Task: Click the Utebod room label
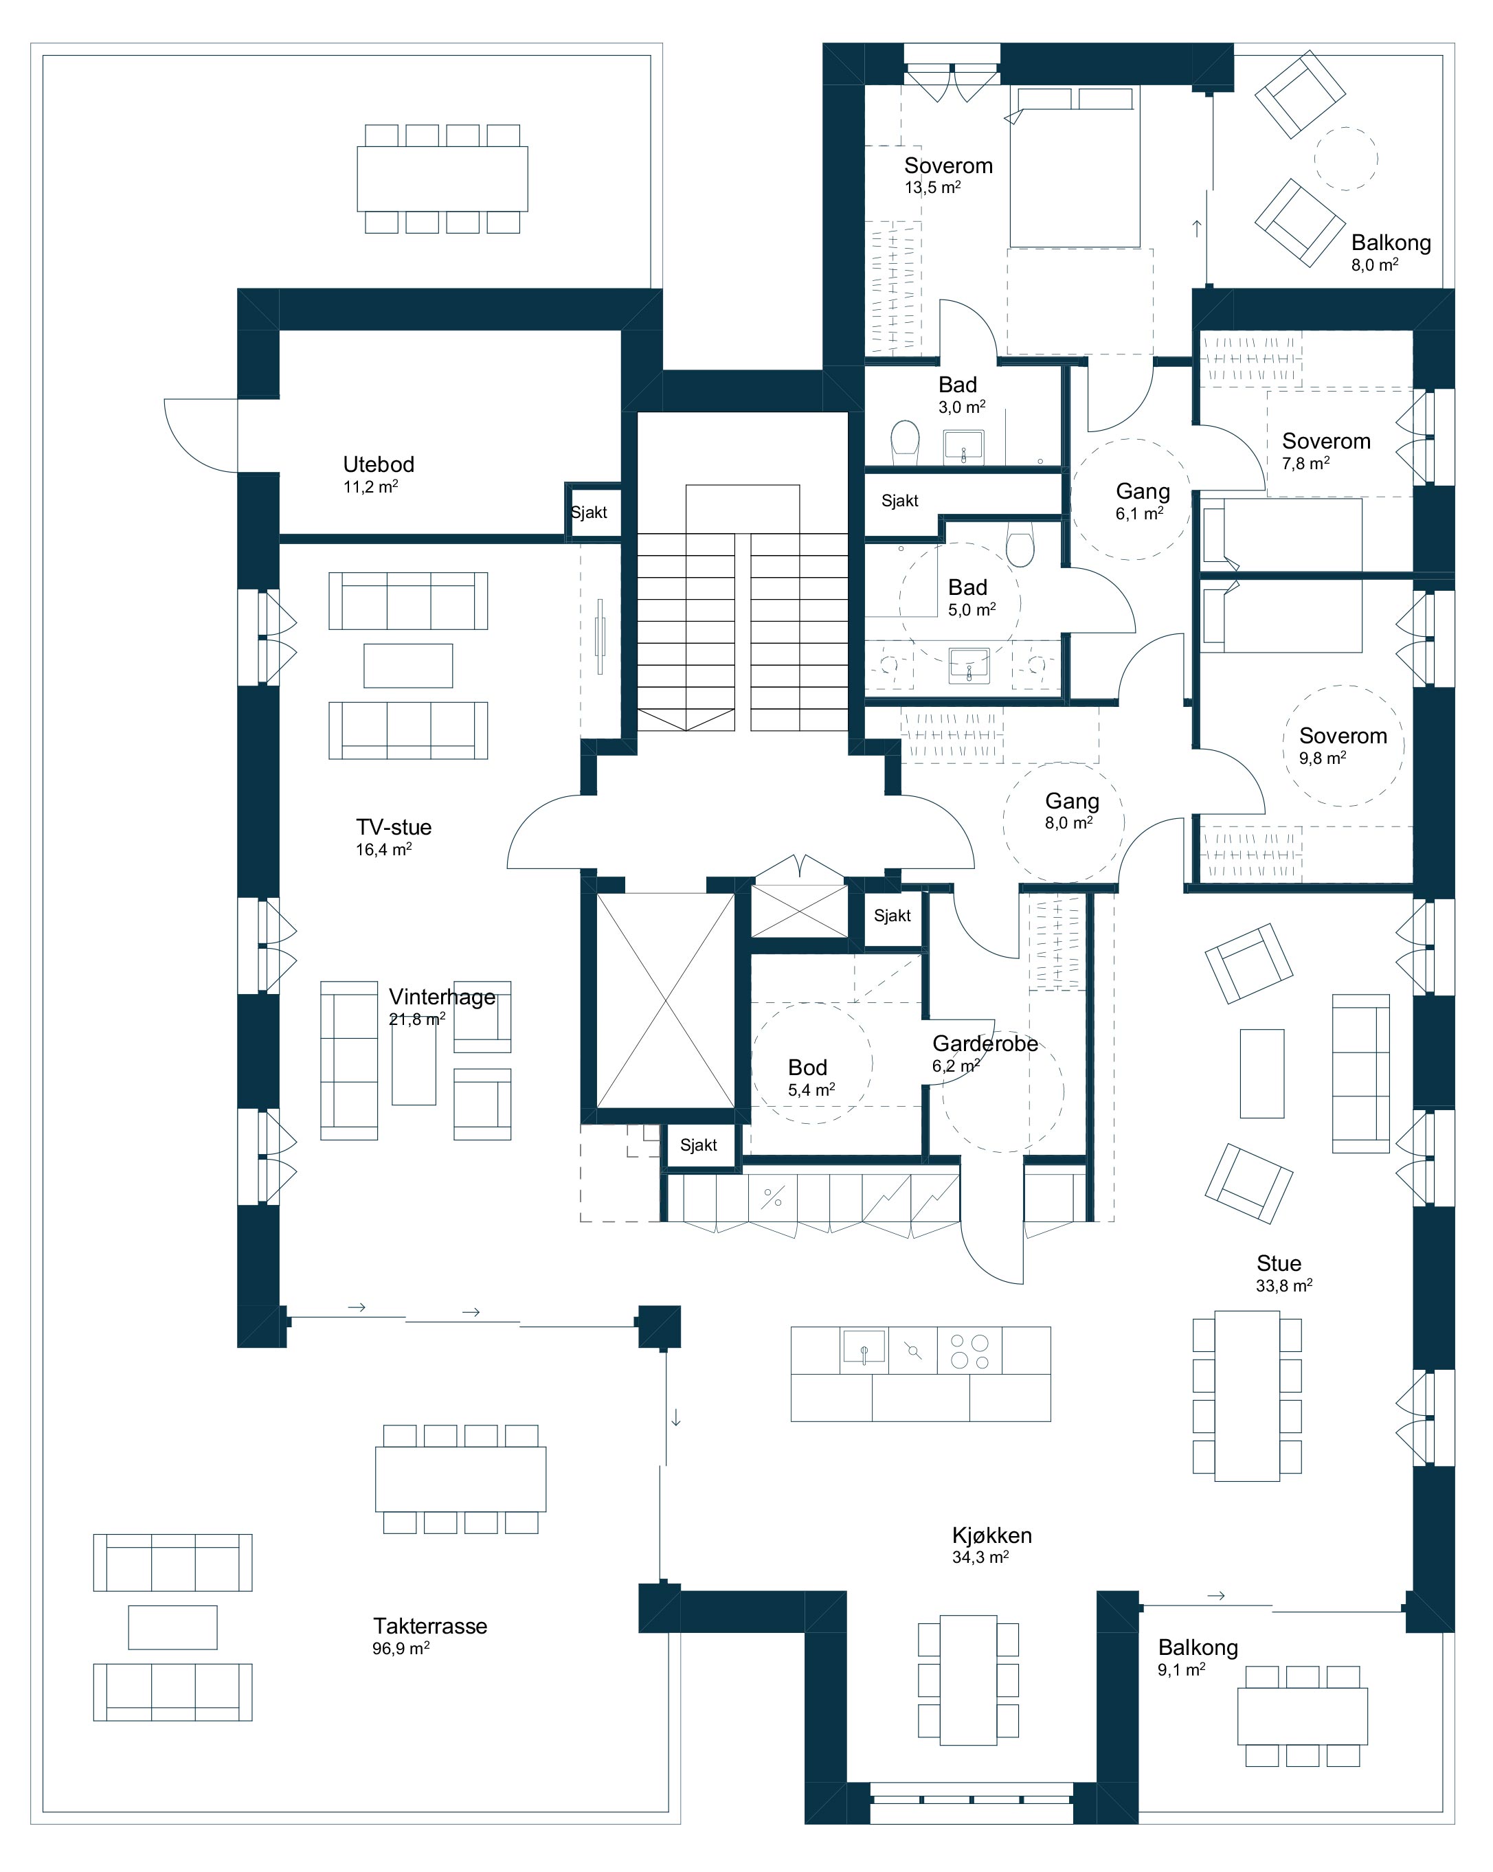coord(378,464)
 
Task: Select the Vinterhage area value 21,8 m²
coord(417,1019)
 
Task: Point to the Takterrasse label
coord(430,1625)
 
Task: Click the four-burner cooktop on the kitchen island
coord(969,1350)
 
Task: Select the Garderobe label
coord(985,1043)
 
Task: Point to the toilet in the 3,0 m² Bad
coord(904,438)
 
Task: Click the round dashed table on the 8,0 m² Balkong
coord(1345,158)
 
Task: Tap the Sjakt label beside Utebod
coord(589,512)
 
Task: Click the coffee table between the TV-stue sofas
coord(407,665)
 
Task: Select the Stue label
coord(1279,1263)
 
